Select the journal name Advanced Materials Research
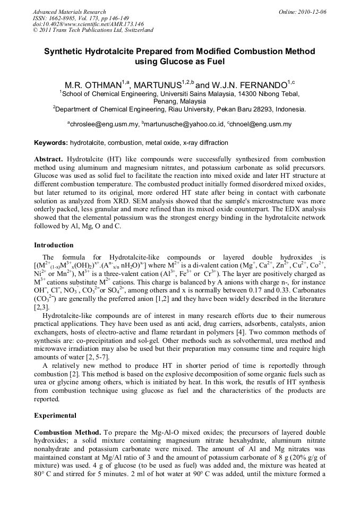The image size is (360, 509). pos(69,12)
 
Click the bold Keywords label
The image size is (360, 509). pos(51,143)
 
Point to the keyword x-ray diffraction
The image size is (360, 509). pos(205,143)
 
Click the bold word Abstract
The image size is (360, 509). pos(49,159)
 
